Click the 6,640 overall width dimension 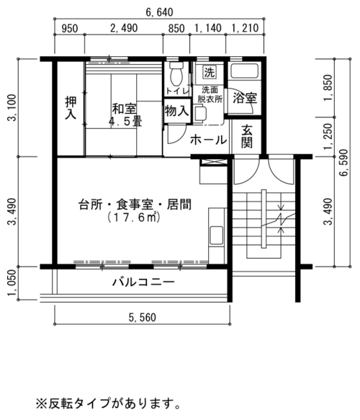[159, 12]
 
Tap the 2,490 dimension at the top [124, 28]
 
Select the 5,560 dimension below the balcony [142, 318]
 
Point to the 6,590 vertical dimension [343, 162]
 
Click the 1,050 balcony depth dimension [12, 283]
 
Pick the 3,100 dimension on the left [12, 107]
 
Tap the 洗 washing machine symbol [209, 72]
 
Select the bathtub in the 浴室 [244, 71]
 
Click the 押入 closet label [71, 107]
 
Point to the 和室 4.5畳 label [125, 115]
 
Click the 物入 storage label [176, 111]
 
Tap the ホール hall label [209, 140]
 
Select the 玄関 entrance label [247, 137]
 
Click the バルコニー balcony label [143, 282]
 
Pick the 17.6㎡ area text [134, 218]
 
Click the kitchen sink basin [216, 236]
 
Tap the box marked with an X [213, 162]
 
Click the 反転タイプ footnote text [108, 403]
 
